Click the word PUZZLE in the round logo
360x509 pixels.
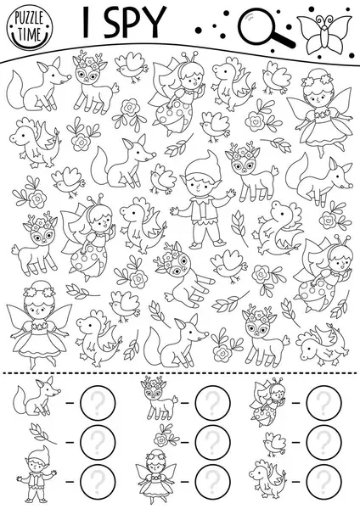coord(29,20)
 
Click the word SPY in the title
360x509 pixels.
coord(135,22)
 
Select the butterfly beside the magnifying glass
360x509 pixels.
coord(324,33)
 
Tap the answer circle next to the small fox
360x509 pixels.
coord(98,402)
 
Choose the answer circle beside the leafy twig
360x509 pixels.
coord(98,442)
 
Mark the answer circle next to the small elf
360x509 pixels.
coord(98,482)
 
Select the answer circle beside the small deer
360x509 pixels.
coord(213,402)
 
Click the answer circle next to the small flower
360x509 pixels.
coord(213,442)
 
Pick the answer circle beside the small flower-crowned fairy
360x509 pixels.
coord(213,482)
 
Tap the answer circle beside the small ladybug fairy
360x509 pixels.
coord(324,402)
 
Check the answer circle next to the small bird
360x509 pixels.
coord(324,442)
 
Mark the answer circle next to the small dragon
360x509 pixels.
coord(324,482)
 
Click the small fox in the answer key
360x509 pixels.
coord(36,398)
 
